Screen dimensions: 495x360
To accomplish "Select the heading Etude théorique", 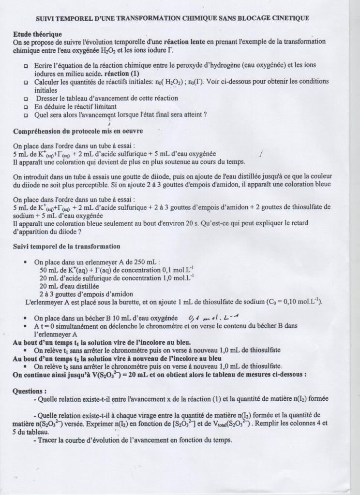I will pyautogui.click(x=37, y=34).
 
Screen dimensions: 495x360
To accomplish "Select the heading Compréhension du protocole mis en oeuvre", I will pyautogui.click(x=77, y=131).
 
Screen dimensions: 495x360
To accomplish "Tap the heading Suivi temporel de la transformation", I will pyautogui.click(x=60, y=247).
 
